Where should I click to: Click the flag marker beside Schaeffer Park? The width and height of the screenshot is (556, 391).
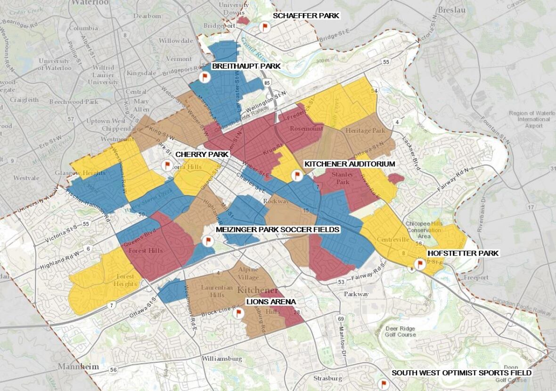point(264,26)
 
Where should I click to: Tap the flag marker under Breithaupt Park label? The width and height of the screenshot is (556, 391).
point(204,77)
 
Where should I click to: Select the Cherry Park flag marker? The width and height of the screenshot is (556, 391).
point(166,165)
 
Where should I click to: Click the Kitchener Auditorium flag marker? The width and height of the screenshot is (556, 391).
point(296,175)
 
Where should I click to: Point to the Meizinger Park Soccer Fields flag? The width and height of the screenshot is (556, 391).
point(207,241)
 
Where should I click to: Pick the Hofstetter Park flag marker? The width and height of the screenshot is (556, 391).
point(420,264)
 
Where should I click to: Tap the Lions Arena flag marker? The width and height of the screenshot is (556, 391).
point(238,313)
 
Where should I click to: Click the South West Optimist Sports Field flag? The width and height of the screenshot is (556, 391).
point(384,384)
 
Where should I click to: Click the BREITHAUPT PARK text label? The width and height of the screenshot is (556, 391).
point(246,66)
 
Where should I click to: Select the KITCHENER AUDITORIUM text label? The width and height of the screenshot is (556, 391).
point(349,164)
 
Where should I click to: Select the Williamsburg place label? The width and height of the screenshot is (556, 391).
point(221,359)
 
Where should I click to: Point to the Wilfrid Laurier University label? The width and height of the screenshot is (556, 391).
point(103,75)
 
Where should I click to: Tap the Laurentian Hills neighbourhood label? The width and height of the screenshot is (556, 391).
point(213,291)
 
